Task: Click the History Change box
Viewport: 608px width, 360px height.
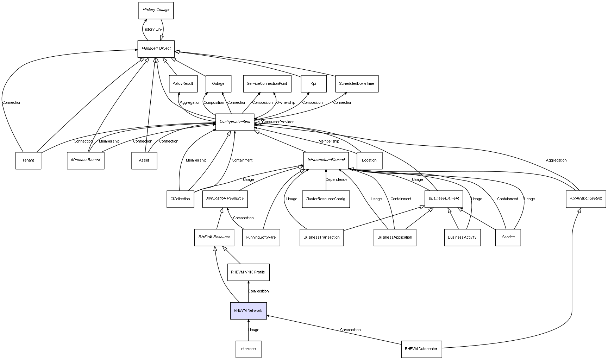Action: [x=156, y=10]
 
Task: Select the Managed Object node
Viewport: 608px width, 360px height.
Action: [x=156, y=49]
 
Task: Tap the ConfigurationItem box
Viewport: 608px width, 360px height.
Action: [x=235, y=122]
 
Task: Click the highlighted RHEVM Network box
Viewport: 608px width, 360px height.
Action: [x=248, y=310]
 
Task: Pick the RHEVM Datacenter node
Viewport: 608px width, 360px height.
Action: [x=421, y=349]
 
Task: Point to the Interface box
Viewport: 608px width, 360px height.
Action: [x=248, y=349]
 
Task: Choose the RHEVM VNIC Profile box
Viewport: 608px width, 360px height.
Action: [x=248, y=272]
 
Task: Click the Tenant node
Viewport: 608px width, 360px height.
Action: [x=28, y=160]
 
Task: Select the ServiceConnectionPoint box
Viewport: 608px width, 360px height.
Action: [x=267, y=84]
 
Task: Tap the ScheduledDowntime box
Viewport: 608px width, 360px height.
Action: [x=356, y=84]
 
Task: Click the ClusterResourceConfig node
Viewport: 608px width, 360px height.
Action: [x=326, y=199]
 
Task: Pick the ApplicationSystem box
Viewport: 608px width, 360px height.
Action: [x=586, y=198]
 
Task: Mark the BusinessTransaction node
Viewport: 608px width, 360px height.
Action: [x=321, y=237]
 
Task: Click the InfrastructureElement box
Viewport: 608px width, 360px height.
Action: [x=326, y=160]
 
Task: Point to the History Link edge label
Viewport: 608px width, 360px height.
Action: [x=152, y=30]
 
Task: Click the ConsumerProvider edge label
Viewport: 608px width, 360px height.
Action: [x=278, y=122]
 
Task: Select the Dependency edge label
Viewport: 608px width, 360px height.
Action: [x=336, y=180]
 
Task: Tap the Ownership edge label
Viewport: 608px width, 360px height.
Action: [x=286, y=103]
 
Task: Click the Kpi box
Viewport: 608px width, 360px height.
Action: [x=313, y=84]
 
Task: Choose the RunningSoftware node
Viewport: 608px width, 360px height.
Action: [x=261, y=237]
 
